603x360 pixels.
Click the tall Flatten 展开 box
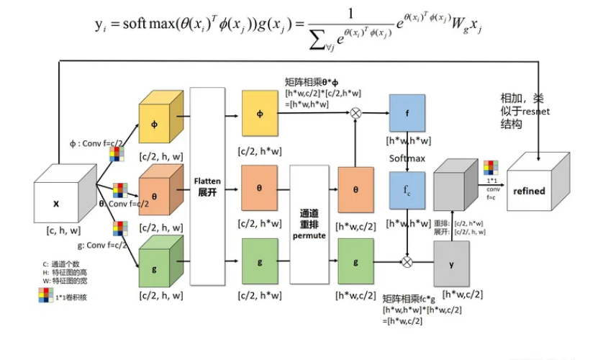click(208, 188)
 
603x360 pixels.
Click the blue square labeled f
click(407, 113)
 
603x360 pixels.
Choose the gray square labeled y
click(452, 264)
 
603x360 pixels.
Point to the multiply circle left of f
click(355, 112)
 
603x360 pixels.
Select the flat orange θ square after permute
click(355, 189)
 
